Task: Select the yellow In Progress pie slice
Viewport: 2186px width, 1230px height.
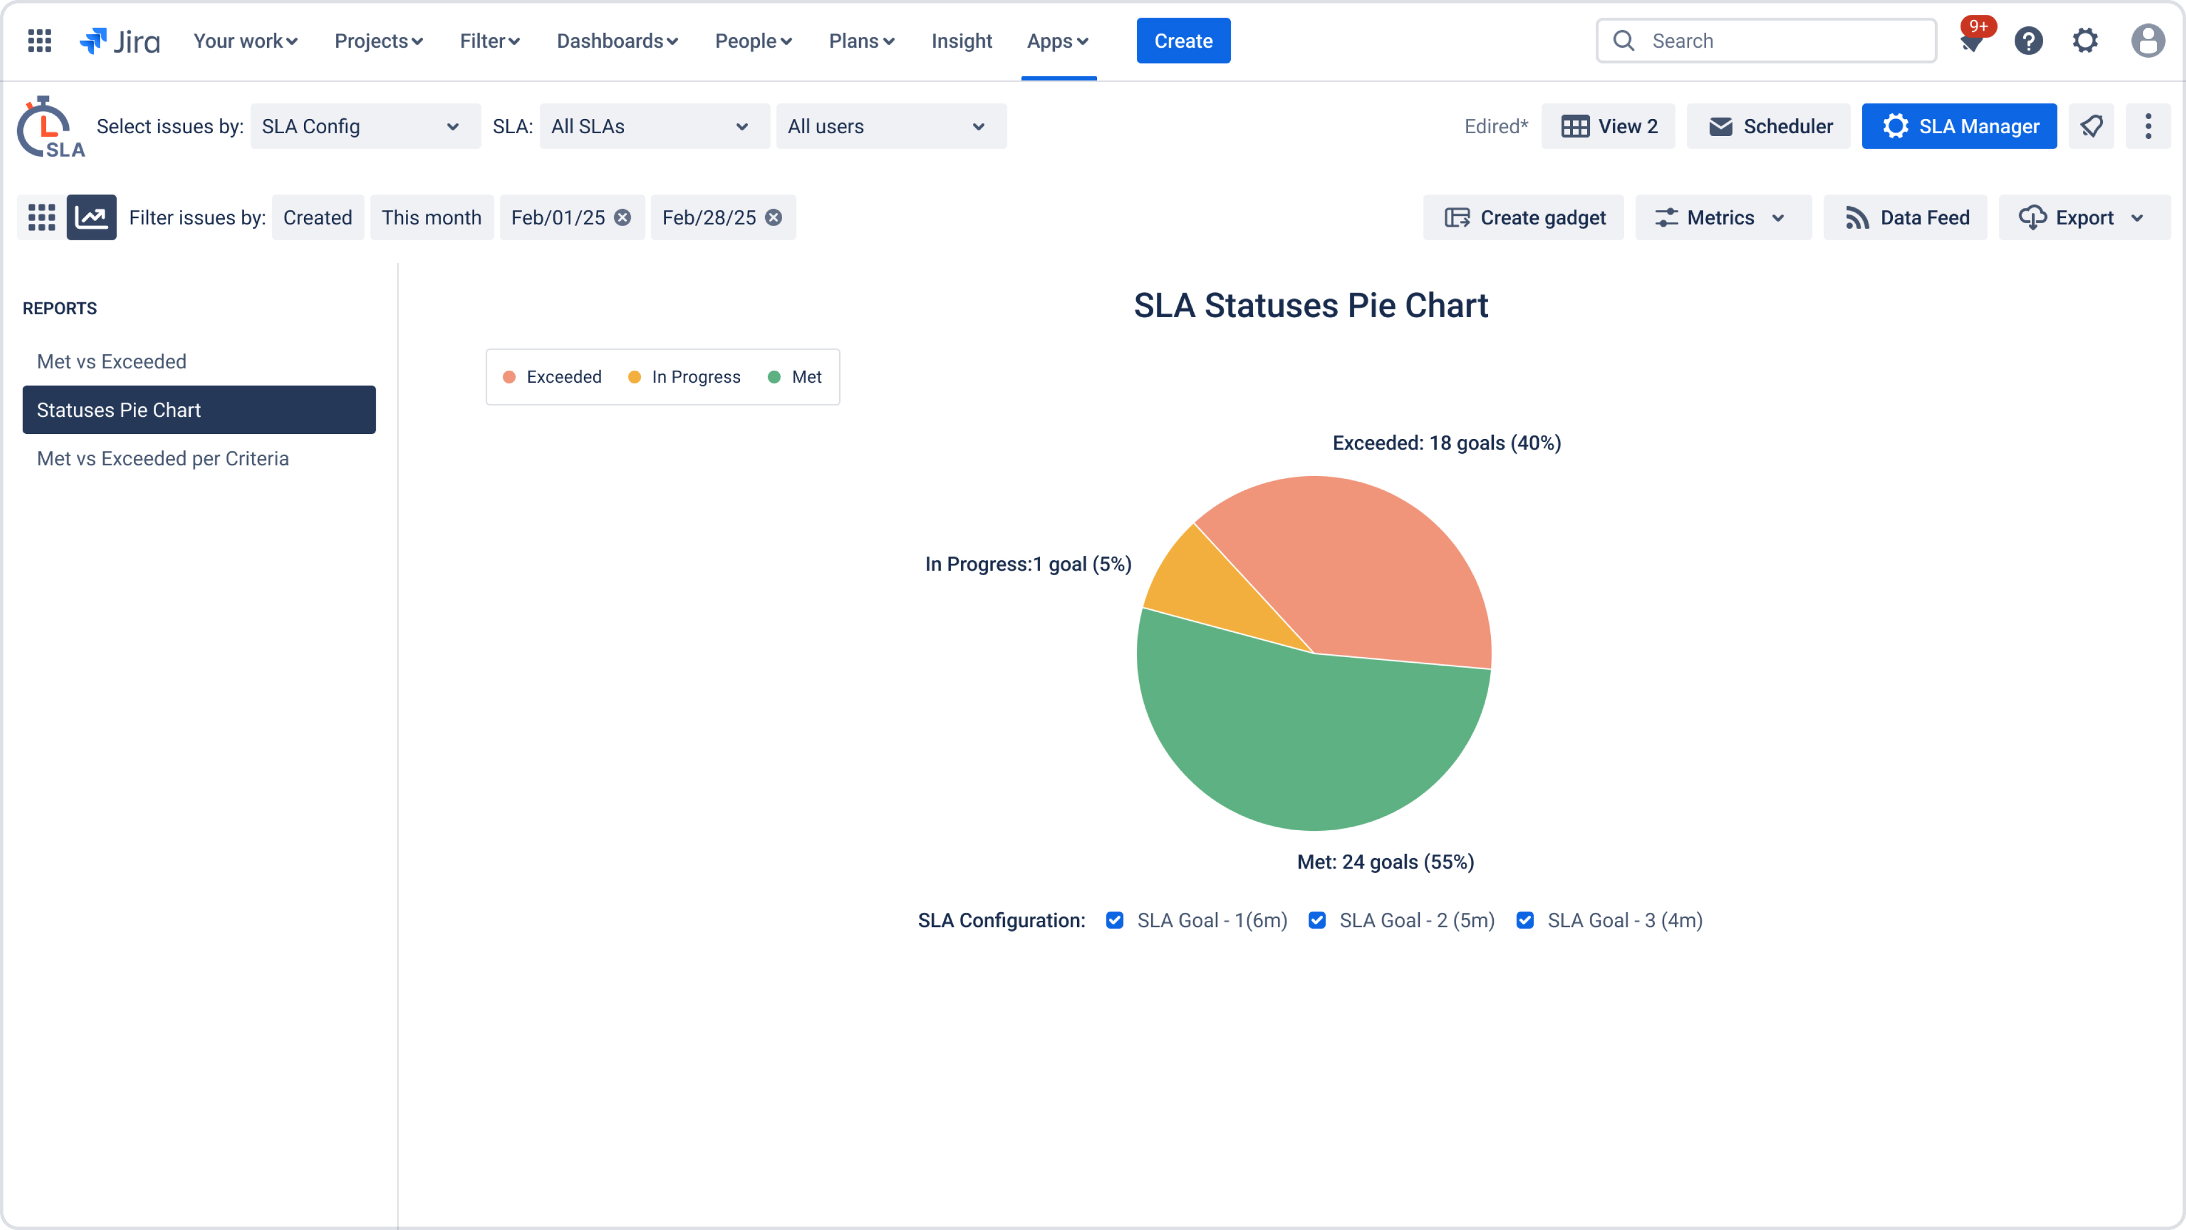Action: click(1214, 594)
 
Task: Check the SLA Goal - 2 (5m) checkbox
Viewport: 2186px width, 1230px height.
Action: click(1317, 920)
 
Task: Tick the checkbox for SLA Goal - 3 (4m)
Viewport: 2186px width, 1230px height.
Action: click(1525, 920)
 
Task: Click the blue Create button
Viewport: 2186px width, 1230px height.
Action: click(1183, 41)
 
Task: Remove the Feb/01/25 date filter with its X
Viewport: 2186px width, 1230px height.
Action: click(623, 218)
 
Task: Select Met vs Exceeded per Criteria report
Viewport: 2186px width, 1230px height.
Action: click(163, 458)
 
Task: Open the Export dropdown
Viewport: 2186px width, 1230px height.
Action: click(2084, 218)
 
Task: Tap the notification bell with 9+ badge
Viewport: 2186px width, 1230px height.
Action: click(1972, 41)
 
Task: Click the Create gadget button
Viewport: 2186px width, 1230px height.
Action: click(1523, 218)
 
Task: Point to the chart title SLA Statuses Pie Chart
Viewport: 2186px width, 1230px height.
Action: click(1310, 306)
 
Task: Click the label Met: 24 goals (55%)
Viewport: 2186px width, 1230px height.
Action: click(1385, 862)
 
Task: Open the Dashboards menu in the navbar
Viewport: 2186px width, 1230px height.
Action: click(617, 41)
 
